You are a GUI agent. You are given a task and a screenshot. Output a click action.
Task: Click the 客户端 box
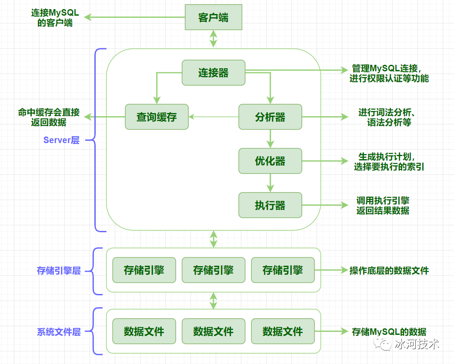(213, 17)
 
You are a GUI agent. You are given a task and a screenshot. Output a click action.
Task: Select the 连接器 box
(213, 73)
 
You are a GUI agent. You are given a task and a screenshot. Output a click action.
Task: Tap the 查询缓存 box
(157, 117)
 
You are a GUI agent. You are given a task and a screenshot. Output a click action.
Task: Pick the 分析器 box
(270, 117)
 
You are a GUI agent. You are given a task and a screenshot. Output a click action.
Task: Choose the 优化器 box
(270, 161)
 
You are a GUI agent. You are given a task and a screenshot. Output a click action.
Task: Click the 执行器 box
(270, 205)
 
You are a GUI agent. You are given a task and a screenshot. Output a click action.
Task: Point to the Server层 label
(61, 140)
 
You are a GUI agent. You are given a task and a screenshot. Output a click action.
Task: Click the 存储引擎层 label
(59, 270)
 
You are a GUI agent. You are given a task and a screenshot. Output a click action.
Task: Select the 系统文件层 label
(59, 332)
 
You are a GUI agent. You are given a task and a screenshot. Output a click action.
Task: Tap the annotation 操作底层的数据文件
(389, 270)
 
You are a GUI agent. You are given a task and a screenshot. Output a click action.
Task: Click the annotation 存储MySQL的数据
(389, 332)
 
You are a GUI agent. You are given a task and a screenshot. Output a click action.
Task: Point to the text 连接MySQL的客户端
(55, 17)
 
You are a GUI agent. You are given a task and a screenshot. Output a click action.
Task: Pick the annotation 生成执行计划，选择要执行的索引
(389, 161)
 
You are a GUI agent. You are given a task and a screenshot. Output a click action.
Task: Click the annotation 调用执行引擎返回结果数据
(383, 205)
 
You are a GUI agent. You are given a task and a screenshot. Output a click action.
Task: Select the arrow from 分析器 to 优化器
(270, 139)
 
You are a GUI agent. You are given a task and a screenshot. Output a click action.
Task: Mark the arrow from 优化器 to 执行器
(270, 183)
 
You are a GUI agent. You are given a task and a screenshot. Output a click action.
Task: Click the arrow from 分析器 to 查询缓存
(213, 117)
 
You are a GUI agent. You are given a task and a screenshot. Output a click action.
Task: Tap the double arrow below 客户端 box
(213, 39)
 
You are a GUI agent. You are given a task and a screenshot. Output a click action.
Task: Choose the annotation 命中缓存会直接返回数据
(49, 117)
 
